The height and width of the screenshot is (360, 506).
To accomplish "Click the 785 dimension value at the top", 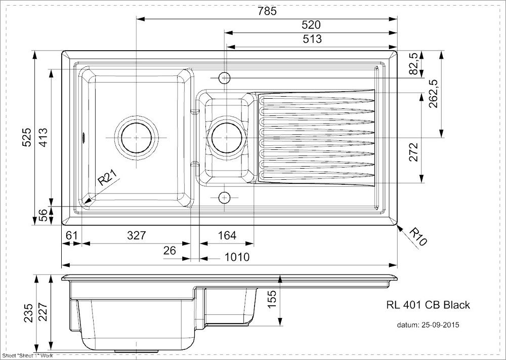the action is point(267,11).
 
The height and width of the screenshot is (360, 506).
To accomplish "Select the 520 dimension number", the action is point(311,25).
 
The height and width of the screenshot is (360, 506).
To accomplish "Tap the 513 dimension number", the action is point(312,39).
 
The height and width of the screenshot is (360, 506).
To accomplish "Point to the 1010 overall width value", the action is point(237,257).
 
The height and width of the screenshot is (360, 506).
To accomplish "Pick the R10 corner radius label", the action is point(418,236).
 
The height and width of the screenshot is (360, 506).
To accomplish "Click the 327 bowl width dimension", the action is point(137,235).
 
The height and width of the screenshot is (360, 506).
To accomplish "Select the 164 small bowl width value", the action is point(227,235).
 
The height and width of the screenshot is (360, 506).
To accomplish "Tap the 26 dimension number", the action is point(170,250).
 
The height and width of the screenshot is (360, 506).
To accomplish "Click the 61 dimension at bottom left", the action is point(72,235).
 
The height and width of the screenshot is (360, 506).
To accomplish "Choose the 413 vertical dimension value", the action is point(43,138).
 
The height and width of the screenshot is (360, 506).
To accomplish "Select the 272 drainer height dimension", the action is point(413,152).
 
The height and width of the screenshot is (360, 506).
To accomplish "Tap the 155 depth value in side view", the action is point(272,299).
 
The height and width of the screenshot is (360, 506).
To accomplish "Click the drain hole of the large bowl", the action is point(136,138).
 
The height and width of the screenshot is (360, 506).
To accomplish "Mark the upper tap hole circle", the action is point(224,78).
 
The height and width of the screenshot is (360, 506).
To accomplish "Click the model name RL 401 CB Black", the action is point(428,305).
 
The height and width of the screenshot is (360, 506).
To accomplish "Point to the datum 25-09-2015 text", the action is point(428,325).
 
